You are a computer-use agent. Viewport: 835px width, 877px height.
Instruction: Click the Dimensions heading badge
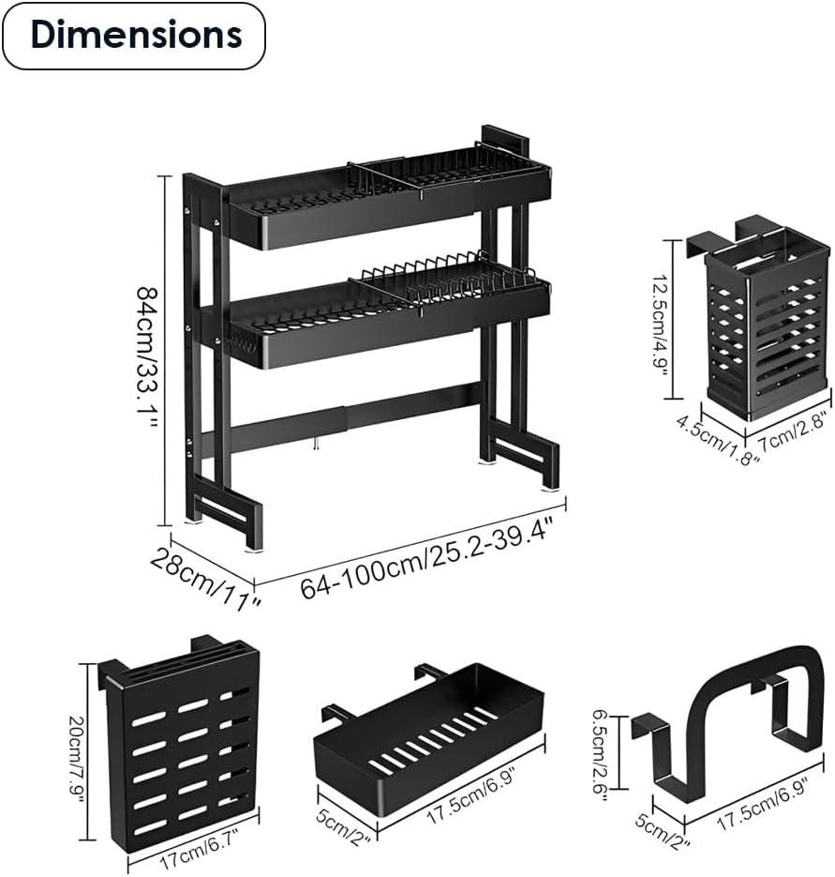click(x=134, y=36)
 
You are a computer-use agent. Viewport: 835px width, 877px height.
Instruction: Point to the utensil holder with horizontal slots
click(x=767, y=324)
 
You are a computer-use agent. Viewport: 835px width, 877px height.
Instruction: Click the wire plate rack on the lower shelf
click(x=447, y=271)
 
